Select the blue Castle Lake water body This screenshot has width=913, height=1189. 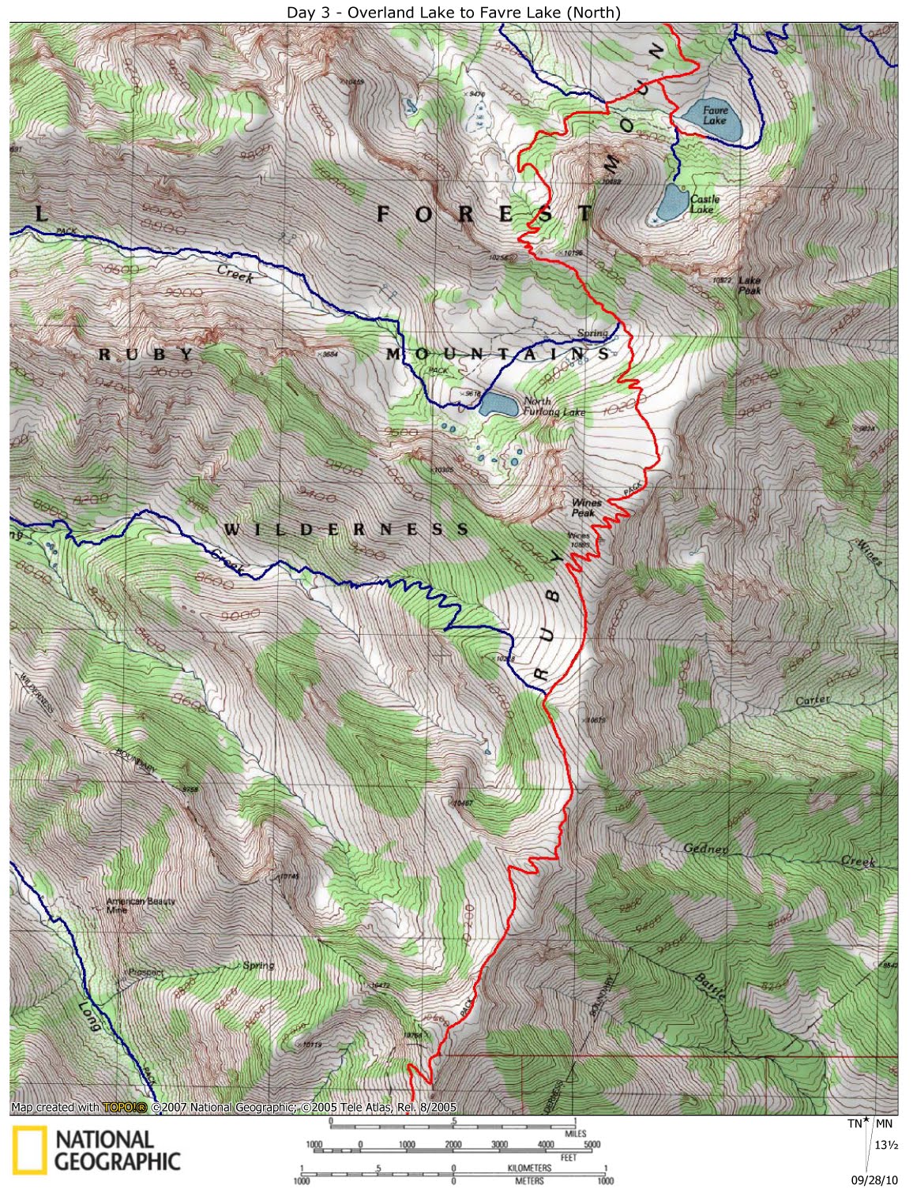pyautogui.click(x=672, y=204)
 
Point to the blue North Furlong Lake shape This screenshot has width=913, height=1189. pyautogui.click(x=499, y=405)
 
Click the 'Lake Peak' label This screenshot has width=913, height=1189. pyautogui.click(x=750, y=285)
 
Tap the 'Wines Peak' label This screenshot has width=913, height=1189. pyautogui.click(x=586, y=507)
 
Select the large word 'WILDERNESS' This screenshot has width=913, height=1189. pyautogui.click(x=346, y=529)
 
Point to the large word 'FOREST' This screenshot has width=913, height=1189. pyautogui.click(x=484, y=214)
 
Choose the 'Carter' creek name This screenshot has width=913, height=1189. pyautogui.click(x=813, y=700)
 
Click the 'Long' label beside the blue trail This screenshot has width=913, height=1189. pyautogui.click(x=89, y=1017)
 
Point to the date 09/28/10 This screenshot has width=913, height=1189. pyautogui.click(x=874, y=1180)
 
